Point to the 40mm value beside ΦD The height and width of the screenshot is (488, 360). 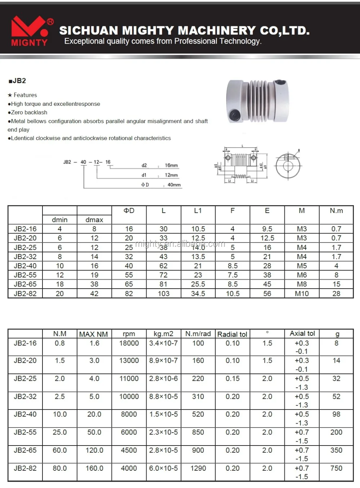pyautogui.click(x=174, y=185)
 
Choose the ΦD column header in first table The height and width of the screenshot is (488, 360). pyautogui.click(x=129, y=211)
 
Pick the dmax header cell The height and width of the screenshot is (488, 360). pyautogui.click(x=94, y=220)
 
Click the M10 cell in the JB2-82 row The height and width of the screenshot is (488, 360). pyautogui.click(x=302, y=293)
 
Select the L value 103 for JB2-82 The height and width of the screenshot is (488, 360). pyautogui.click(x=163, y=293)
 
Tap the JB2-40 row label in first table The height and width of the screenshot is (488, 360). pyautogui.click(x=25, y=266)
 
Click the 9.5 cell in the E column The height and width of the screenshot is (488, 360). pyautogui.click(x=267, y=229)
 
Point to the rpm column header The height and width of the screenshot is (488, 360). pyautogui.click(x=129, y=334)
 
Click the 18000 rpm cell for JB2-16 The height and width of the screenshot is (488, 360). pyautogui.click(x=129, y=343)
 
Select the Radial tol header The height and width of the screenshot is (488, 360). pyautogui.click(x=232, y=334)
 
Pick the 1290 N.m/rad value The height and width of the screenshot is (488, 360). pyautogui.click(x=198, y=468)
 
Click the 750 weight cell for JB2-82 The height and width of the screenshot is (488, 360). pyautogui.click(x=336, y=468)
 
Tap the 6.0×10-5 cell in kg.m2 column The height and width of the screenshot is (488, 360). pyautogui.click(x=163, y=468)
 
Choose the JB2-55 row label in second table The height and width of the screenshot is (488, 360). pyautogui.click(x=25, y=432)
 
